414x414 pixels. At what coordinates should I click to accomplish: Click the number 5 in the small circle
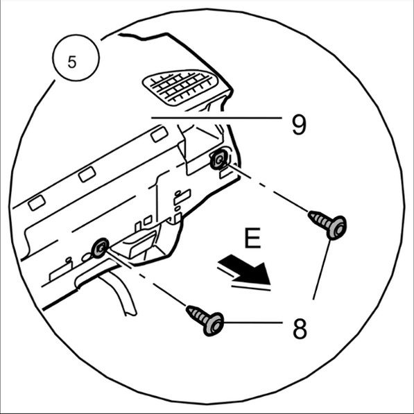[72, 62]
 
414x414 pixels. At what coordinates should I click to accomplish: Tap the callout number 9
[299, 125]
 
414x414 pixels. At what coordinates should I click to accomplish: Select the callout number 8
[300, 329]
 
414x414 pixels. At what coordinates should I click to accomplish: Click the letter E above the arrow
[252, 238]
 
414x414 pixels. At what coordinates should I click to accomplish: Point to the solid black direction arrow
[244, 270]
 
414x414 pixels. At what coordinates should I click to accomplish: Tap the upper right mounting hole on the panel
[219, 159]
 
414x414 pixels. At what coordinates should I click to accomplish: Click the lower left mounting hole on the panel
[100, 248]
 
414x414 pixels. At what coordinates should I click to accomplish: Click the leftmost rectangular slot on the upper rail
[37, 202]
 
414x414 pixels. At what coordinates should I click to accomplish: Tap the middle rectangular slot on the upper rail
[87, 174]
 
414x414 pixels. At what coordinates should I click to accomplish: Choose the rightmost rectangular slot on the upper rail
[159, 134]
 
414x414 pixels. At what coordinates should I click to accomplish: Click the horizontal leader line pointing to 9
[216, 118]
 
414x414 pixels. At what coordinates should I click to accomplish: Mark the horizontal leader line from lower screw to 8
[252, 322]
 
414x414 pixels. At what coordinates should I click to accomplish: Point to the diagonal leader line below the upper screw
[321, 270]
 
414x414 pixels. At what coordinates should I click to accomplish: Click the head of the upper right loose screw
[337, 227]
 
